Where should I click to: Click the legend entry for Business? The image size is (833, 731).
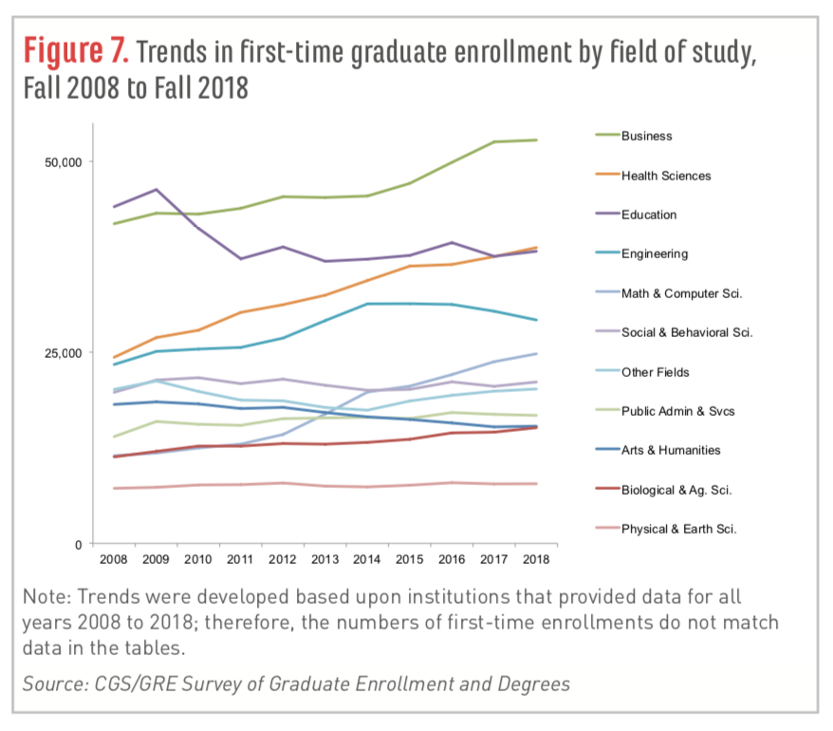[646, 136]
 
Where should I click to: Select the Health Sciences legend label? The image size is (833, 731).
[665, 176]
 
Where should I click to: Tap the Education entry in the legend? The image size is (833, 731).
[649, 215]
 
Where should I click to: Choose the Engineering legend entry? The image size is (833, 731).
[655, 253]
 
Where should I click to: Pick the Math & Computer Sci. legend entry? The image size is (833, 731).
[681, 293]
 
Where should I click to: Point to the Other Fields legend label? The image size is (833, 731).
[655, 372]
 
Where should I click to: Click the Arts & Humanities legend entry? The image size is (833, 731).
[671, 450]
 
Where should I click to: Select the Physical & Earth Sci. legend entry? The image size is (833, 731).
[679, 529]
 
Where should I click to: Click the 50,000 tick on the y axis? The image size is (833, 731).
[65, 161]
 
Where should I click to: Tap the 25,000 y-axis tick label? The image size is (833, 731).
[65, 353]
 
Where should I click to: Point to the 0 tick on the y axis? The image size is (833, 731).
[80, 544]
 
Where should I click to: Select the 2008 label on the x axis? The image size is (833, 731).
[114, 560]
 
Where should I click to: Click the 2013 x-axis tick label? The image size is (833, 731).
[325, 560]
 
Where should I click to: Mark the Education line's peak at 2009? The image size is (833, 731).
[156, 190]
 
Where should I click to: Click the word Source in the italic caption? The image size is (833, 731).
[51, 683]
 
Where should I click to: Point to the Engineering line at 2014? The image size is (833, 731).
[367, 304]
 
